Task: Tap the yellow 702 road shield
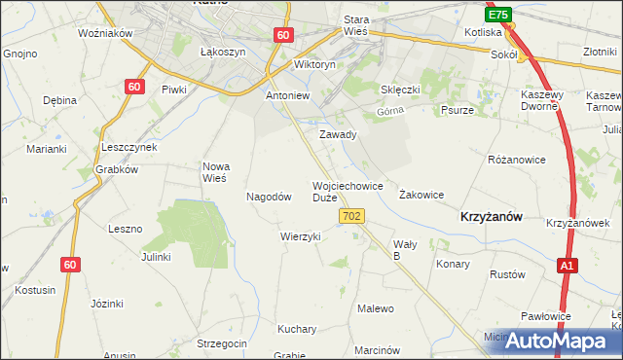[x=353, y=215]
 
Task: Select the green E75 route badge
[x=498, y=16]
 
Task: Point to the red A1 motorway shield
[x=568, y=265]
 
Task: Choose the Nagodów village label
[x=270, y=197]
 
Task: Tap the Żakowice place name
[x=421, y=195]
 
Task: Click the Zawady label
[x=338, y=134]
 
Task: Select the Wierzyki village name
[x=300, y=236]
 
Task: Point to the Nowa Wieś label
[x=214, y=171]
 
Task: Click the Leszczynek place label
[x=129, y=147]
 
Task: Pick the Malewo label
[x=376, y=308]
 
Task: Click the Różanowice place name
[x=516, y=158]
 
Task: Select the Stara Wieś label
[x=363, y=25]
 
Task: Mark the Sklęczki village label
[x=400, y=90]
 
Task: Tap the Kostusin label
[x=35, y=290]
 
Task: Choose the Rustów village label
[x=507, y=274]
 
